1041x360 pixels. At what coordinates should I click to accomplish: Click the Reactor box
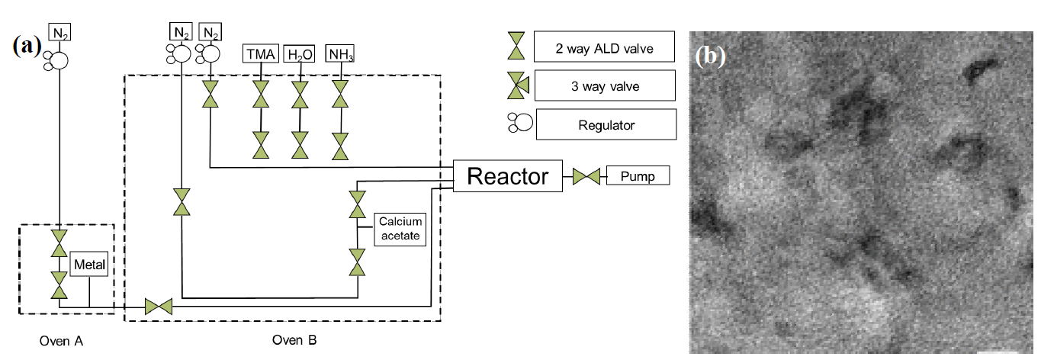(x=507, y=177)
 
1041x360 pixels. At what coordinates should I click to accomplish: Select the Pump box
(x=638, y=177)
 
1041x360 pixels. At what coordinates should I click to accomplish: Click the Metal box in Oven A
(x=89, y=266)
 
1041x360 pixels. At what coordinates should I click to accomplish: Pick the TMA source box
(x=261, y=54)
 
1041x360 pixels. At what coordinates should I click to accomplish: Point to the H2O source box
(x=300, y=54)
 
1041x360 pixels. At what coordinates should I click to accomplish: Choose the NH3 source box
(x=340, y=54)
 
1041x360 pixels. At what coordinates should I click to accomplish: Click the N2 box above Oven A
(x=59, y=32)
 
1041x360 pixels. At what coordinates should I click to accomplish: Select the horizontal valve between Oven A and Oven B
(x=159, y=307)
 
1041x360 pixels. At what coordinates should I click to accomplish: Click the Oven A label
(x=61, y=341)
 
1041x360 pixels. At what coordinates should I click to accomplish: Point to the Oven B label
(x=294, y=340)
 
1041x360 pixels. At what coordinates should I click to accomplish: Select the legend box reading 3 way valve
(x=605, y=86)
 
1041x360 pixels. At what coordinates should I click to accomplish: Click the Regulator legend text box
(x=606, y=124)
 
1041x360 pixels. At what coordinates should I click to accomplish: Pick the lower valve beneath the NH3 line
(x=340, y=145)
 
